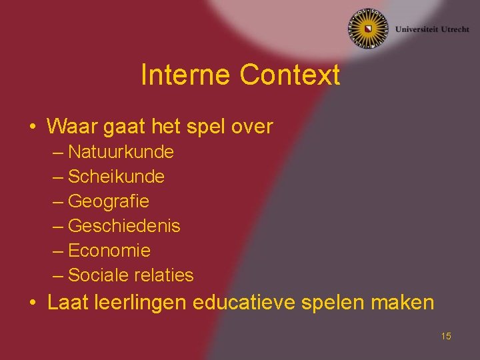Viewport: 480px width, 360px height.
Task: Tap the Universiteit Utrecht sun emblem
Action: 367,29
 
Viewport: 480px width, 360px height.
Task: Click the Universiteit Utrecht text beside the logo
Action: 431,29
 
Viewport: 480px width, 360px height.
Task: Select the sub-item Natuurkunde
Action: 121,152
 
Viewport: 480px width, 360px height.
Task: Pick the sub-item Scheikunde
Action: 116,177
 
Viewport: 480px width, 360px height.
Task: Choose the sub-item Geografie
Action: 109,201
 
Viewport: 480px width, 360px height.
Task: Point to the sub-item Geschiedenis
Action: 124,226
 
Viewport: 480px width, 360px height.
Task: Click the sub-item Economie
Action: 109,251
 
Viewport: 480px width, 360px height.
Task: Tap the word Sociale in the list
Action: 97,275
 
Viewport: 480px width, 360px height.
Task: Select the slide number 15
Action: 446,336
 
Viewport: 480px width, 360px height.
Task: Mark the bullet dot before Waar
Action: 32,126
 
